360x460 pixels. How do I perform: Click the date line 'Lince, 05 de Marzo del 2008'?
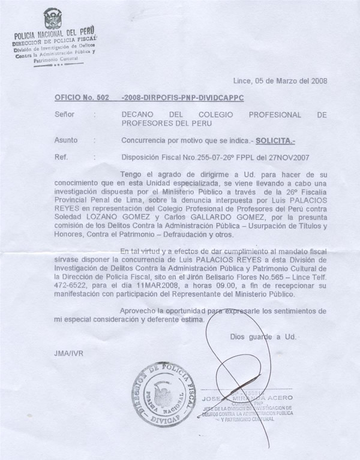point(280,80)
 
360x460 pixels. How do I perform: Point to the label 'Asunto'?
point(66,140)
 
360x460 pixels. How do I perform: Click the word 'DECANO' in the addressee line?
point(139,114)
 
